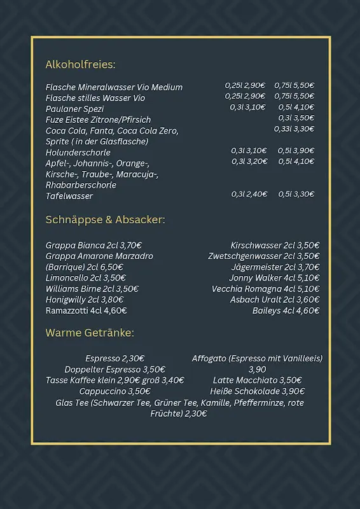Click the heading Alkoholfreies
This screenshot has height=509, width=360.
click(80, 64)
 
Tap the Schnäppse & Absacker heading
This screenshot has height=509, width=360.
click(105, 220)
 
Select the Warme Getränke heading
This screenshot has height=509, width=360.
click(90, 333)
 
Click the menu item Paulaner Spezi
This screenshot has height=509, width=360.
click(74, 109)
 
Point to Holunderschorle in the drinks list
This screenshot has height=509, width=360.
click(78, 153)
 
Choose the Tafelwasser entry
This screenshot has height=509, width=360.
click(69, 196)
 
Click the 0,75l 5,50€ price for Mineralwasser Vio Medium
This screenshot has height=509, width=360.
click(294, 85)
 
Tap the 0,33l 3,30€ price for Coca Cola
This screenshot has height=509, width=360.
click(294, 129)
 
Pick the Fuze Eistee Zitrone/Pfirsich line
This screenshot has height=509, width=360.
click(98, 120)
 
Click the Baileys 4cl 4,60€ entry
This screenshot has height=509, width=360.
click(286, 310)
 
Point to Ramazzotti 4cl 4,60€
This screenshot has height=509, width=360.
click(86, 310)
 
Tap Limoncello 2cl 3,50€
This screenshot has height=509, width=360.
click(85, 278)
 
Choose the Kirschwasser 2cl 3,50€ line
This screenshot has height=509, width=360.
click(275, 246)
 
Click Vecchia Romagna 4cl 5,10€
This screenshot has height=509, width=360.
click(265, 289)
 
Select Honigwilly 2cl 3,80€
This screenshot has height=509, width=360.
click(85, 300)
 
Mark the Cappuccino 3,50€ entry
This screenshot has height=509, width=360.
click(114, 391)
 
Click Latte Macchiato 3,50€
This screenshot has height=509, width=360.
click(257, 380)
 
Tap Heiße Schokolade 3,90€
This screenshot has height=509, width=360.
click(257, 391)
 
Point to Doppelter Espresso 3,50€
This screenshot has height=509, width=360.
click(114, 370)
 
